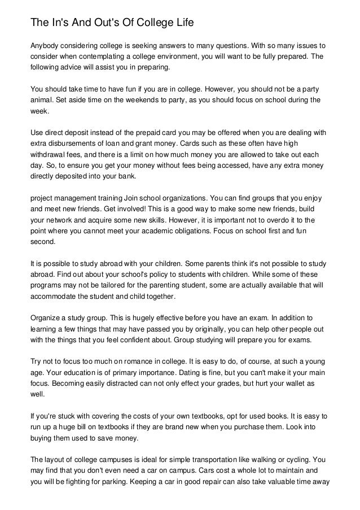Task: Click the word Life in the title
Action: [179, 24]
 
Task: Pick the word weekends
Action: [159, 100]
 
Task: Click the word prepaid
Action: [156, 134]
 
